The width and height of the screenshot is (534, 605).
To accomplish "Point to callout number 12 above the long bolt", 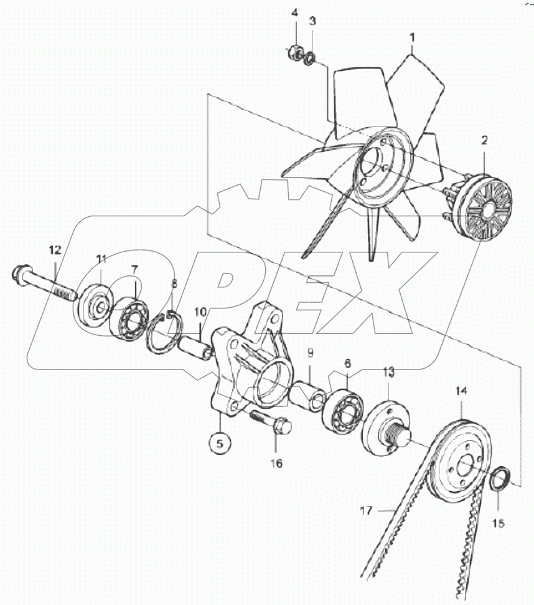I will pos(55,250).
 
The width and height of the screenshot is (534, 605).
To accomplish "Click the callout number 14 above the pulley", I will pos(461,391).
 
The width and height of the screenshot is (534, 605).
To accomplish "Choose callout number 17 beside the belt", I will pos(366,511).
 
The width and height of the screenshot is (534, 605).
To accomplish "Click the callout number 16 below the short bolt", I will pos(276,463).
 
